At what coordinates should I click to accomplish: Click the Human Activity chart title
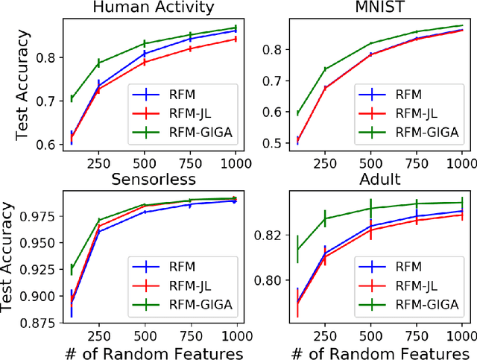tap(154, 8)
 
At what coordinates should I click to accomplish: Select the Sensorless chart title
tap(154, 180)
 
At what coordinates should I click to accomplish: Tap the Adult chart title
tap(379, 180)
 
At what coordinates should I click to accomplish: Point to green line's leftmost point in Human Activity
tap(72, 98)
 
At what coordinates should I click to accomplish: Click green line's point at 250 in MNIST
tap(324, 69)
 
